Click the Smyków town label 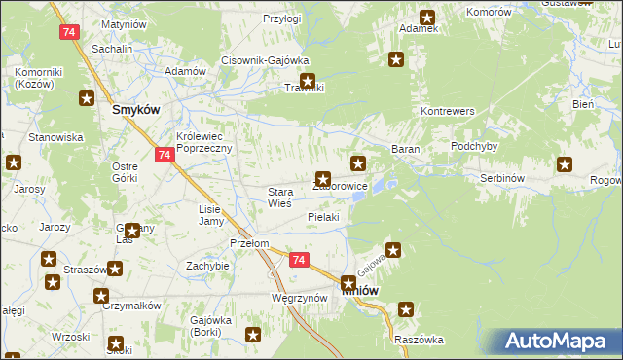point(135,110)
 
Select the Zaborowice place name point(342,186)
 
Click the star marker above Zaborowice point(323,179)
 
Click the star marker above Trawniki point(308,83)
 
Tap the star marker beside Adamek point(427,17)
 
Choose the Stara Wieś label point(287,198)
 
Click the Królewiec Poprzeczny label point(202,142)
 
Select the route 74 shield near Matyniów point(68,32)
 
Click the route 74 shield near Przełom point(299,260)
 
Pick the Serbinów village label point(504,179)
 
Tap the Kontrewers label point(447,112)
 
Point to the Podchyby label point(474,146)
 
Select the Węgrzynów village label point(298,298)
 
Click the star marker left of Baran point(358,162)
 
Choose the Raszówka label point(419,340)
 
